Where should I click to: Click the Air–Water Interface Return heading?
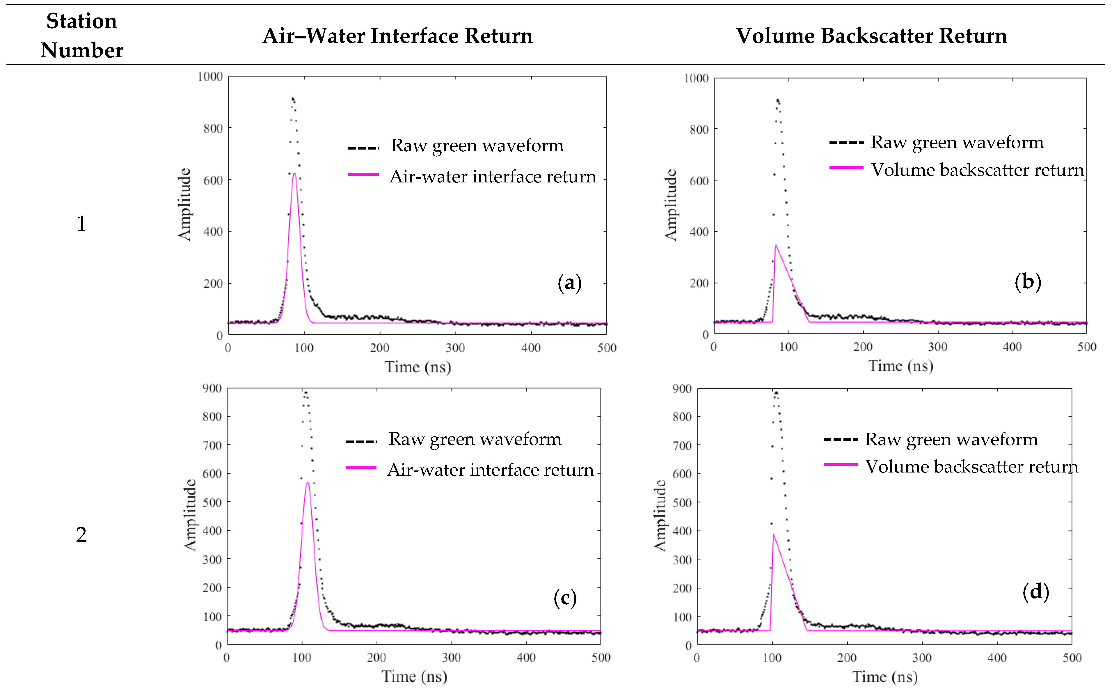click(x=397, y=36)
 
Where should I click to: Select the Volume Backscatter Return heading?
click(x=871, y=36)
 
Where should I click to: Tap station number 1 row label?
click(x=81, y=223)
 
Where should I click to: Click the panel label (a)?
click(x=569, y=283)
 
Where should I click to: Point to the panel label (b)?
click(x=1028, y=282)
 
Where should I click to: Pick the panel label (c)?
click(x=565, y=598)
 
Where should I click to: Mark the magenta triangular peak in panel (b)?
click(x=775, y=246)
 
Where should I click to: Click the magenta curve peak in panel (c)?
click(x=308, y=483)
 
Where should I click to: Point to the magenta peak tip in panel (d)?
click(x=773, y=534)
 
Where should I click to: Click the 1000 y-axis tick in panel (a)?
click(x=210, y=76)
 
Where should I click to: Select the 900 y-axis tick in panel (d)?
click(x=682, y=389)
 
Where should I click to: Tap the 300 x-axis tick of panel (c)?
click(x=451, y=658)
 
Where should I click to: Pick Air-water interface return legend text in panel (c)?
click(x=490, y=470)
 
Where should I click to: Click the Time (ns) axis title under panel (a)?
click(x=418, y=367)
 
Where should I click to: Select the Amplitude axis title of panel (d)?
click(x=660, y=516)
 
